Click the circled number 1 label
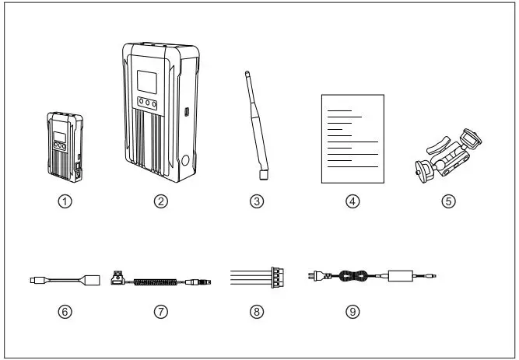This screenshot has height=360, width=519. point(67,201)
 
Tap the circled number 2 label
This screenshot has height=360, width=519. point(161,201)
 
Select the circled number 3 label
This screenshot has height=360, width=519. point(258,201)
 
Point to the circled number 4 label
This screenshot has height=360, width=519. point(352,201)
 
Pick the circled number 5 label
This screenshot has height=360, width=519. point(447,201)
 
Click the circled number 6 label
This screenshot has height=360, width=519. point(67,311)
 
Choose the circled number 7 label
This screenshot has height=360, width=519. point(161,311)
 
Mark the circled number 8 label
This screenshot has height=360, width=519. point(258,311)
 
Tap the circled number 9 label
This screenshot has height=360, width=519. point(352,311)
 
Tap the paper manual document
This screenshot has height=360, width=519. point(352,138)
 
